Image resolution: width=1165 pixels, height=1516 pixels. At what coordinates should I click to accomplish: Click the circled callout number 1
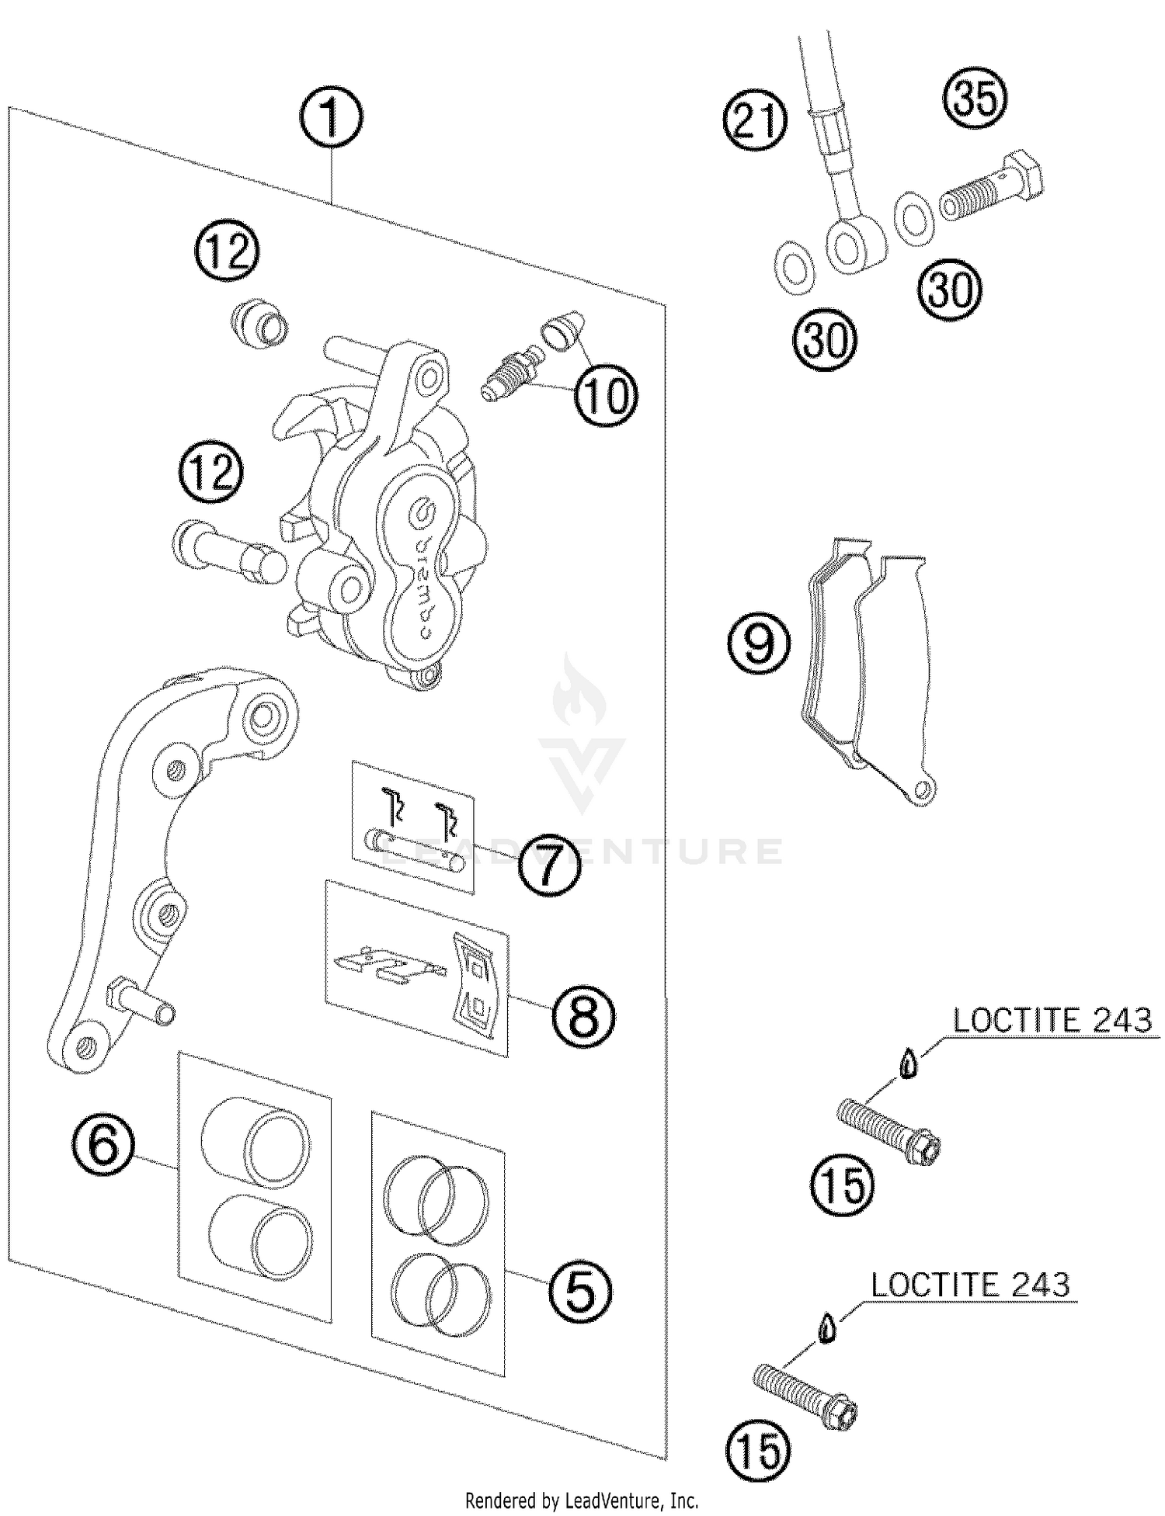point(331,120)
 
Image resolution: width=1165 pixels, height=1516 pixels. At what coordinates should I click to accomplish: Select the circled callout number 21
point(755,123)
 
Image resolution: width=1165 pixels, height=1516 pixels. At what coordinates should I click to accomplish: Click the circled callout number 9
point(759,644)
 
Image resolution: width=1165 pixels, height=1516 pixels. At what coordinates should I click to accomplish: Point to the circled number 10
point(606,396)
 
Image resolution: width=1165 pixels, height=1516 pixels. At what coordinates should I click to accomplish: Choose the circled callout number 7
point(549,866)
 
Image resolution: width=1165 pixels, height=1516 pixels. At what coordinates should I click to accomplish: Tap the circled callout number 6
point(104,1145)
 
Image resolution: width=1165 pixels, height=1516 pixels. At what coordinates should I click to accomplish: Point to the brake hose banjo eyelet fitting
point(854,244)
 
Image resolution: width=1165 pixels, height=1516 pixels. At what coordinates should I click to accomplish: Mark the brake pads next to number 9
point(866,668)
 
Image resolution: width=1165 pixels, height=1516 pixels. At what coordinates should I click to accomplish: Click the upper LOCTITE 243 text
point(1052,1020)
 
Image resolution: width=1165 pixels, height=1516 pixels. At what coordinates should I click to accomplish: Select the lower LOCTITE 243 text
point(969,1285)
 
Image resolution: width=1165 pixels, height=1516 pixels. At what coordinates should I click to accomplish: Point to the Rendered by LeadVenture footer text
point(582,1500)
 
